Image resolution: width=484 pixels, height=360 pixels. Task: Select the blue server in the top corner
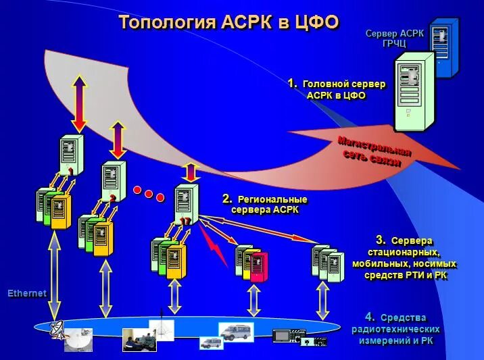445,47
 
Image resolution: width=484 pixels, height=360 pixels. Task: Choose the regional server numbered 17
186,203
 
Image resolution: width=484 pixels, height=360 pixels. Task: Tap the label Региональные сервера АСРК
266,204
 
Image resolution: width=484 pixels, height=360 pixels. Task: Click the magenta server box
260,267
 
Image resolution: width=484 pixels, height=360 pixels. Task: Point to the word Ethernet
27,294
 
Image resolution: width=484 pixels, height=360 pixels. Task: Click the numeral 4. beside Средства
370,317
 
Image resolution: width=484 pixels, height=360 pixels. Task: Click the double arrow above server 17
191,172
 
